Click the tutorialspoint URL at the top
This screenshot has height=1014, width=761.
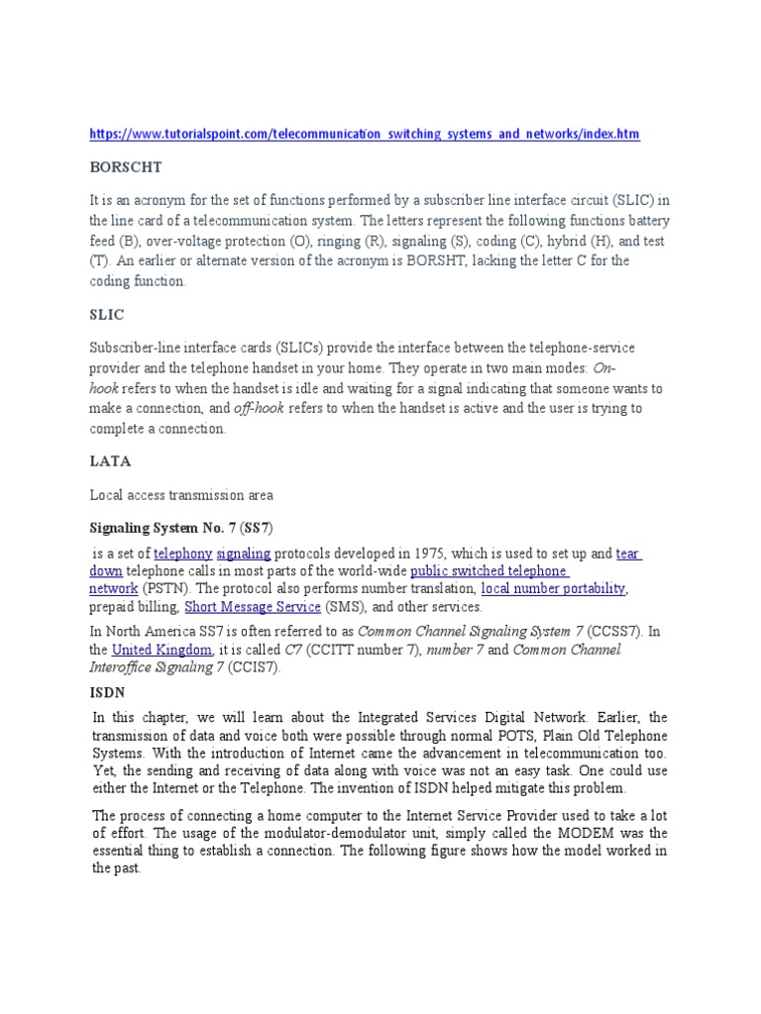click(364, 133)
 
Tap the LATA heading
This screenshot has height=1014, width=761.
click(109, 460)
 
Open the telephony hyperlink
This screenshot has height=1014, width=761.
click(182, 553)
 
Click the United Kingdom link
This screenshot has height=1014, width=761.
click(163, 650)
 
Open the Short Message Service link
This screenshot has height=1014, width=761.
click(252, 606)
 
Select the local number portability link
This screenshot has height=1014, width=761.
click(553, 588)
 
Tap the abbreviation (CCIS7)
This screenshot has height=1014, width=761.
click(254, 667)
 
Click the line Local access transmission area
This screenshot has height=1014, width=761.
click(181, 493)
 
